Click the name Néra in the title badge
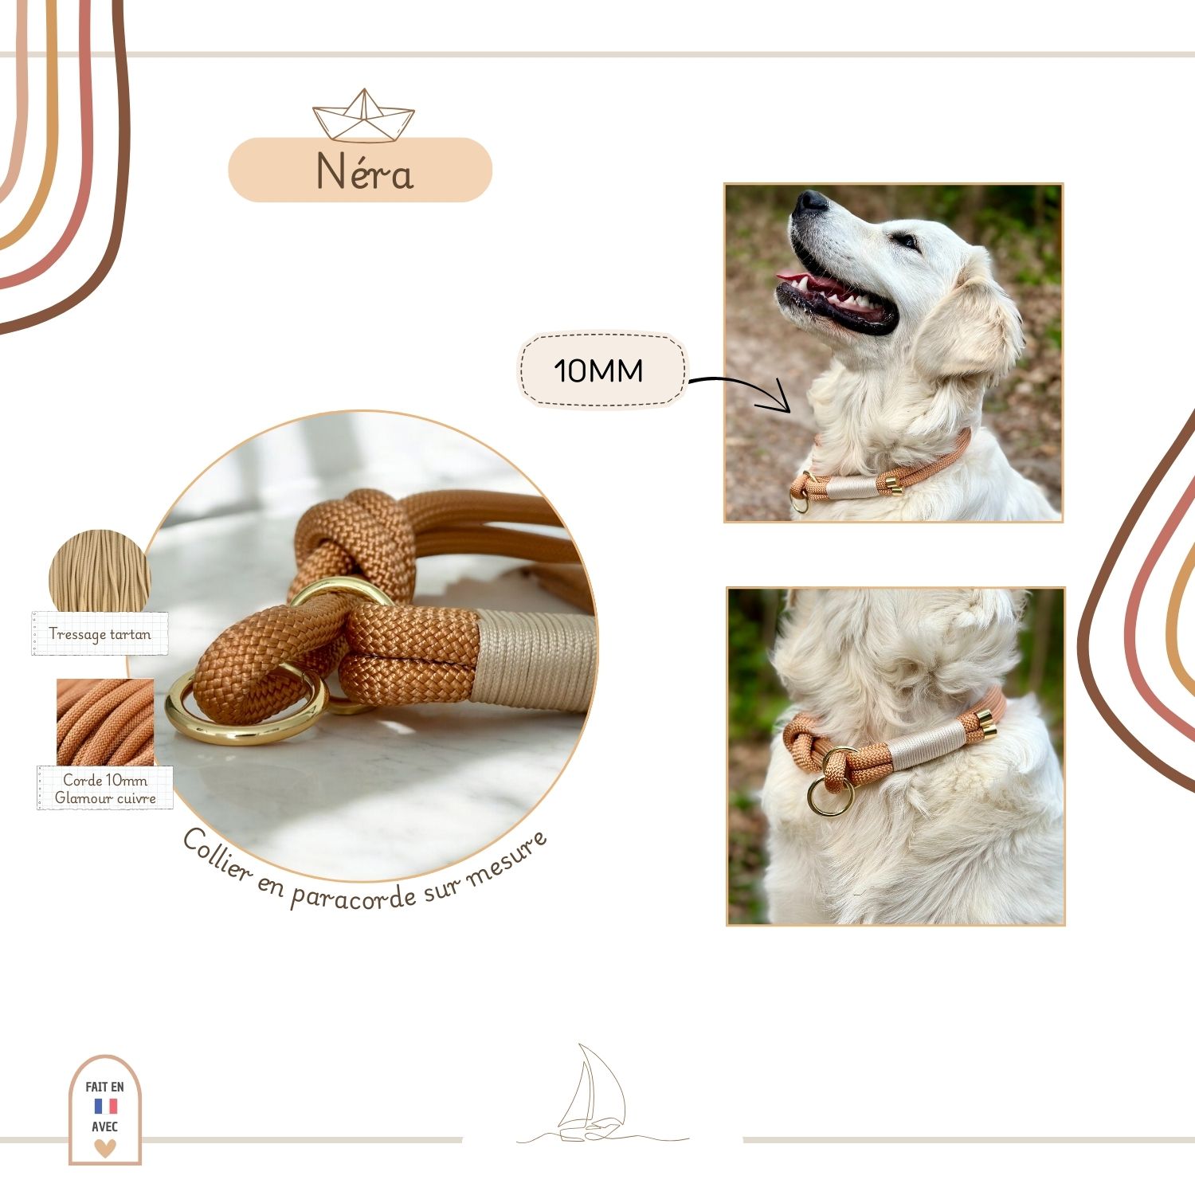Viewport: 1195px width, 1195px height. tap(364, 170)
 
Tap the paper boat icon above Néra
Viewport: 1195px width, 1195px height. tap(363, 116)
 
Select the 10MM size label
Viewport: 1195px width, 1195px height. tap(598, 370)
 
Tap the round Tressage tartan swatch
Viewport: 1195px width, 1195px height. tap(100, 570)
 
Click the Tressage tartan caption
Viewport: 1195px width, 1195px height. tap(100, 634)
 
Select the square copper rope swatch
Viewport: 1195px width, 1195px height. tap(105, 722)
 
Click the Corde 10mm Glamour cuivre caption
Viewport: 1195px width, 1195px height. tap(105, 789)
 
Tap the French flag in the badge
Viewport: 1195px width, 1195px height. tap(106, 1107)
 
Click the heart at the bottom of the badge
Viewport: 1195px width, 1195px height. tap(105, 1147)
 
